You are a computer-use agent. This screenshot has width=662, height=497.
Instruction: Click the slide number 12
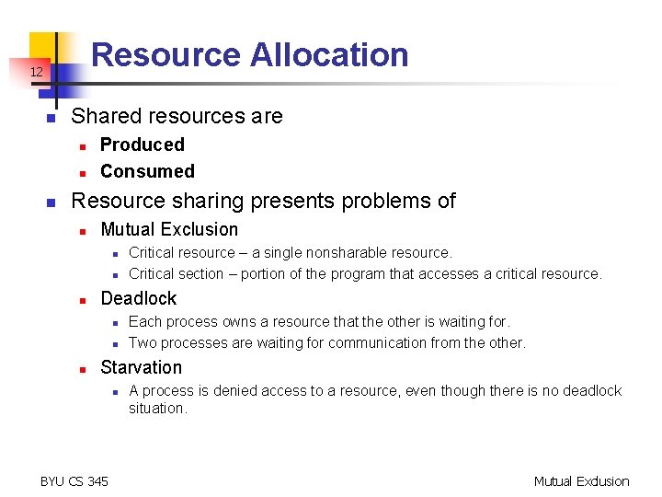tap(35, 72)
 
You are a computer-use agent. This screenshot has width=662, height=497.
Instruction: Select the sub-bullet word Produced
tap(142, 144)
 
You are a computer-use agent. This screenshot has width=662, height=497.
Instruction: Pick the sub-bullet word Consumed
tap(147, 171)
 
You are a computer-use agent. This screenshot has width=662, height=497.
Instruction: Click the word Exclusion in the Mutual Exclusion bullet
tap(203, 229)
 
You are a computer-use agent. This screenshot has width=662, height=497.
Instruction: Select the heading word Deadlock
tap(138, 298)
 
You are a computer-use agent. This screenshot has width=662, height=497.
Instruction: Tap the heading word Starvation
tap(141, 367)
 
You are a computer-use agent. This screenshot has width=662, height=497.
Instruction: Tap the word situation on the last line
tap(156, 408)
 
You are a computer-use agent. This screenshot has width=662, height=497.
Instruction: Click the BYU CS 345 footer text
tap(74, 480)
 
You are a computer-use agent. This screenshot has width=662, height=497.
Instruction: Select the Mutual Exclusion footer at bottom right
tap(581, 480)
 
